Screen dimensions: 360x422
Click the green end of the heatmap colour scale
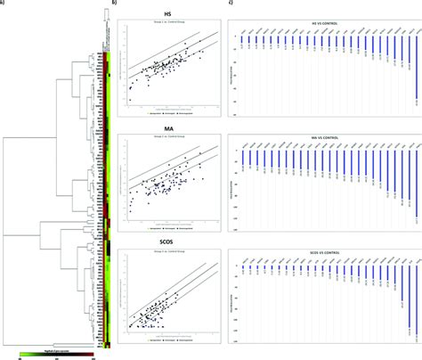tap(23, 351)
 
